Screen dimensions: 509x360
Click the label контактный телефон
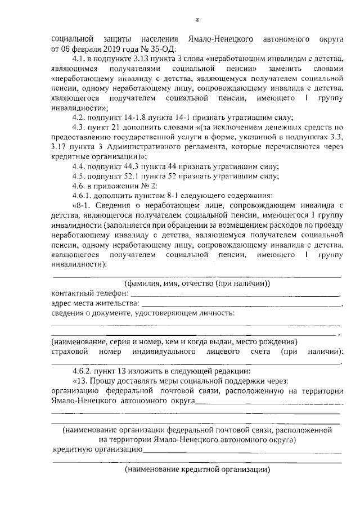point(89,293)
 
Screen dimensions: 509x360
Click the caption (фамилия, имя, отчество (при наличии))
point(197,283)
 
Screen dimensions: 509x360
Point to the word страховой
point(70,352)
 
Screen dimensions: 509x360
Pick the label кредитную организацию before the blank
point(97,449)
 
